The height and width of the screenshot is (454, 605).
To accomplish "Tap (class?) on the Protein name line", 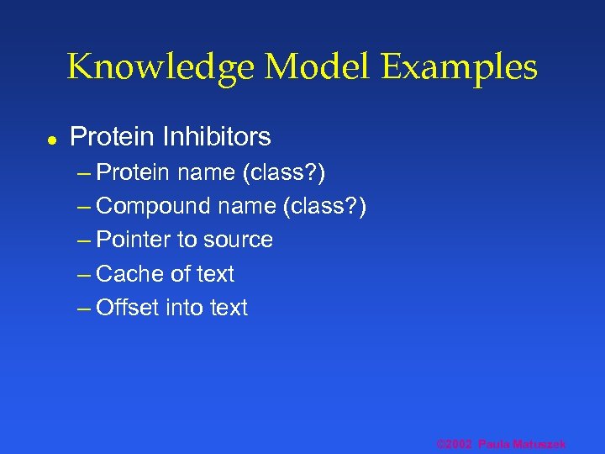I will (x=284, y=172).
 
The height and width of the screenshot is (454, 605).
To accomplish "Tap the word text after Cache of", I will (x=214, y=273).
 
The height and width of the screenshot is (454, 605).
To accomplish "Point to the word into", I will (x=184, y=308).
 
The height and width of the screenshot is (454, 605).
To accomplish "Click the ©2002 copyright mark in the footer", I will (x=454, y=443).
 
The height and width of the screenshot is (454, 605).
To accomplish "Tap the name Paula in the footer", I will (x=494, y=443).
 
